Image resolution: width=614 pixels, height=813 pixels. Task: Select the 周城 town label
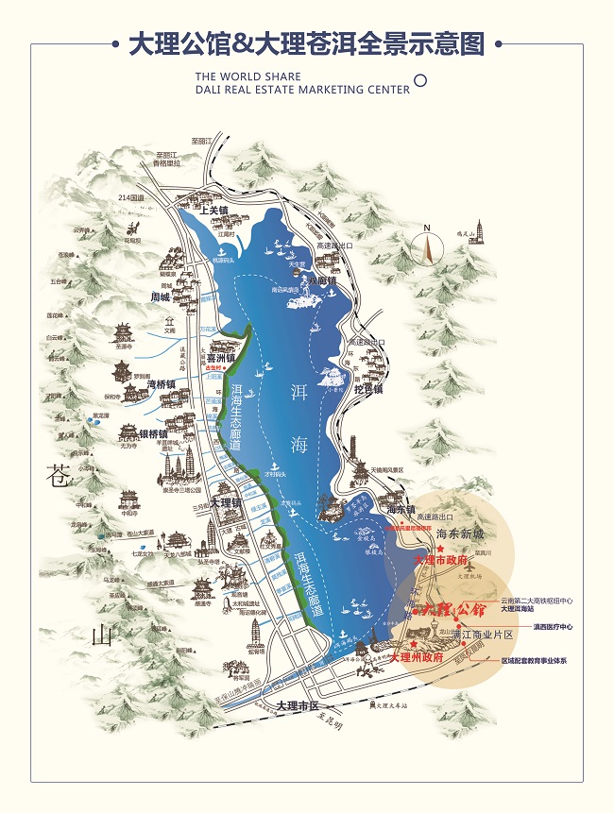pos(158,297)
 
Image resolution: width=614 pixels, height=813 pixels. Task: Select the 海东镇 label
pos(401,509)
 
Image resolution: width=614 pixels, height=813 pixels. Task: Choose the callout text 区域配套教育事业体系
pos(534,660)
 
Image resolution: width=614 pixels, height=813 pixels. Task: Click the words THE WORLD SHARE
pos(247,76)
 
